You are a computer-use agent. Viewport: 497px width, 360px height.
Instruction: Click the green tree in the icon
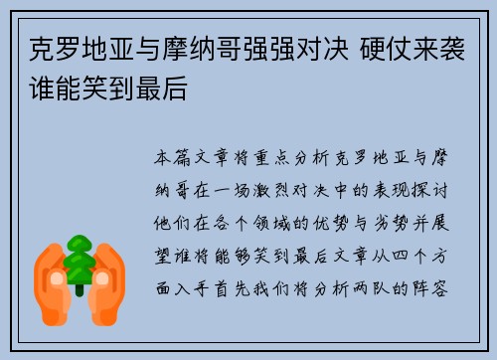click(79, 260)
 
